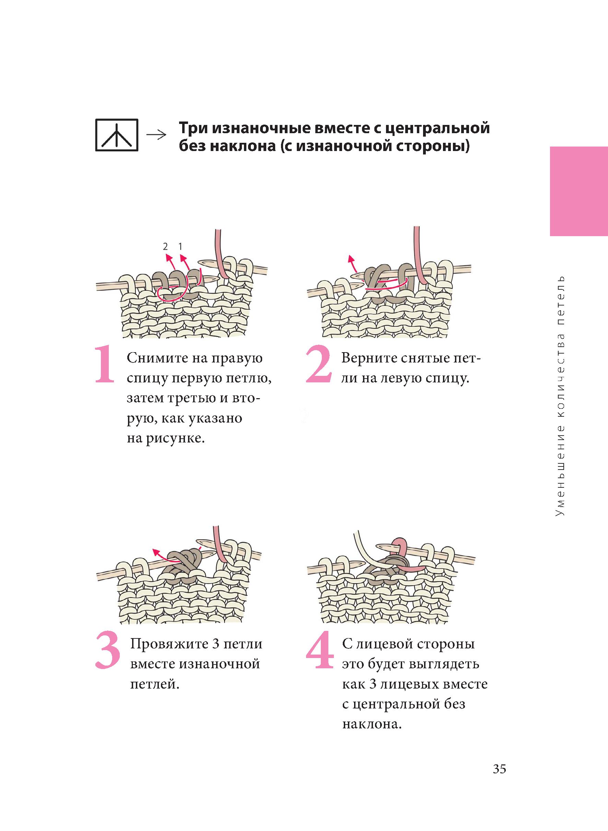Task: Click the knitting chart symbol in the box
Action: coord(117,135)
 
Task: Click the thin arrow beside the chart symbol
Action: coord(156,136)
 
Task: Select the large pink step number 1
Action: coord(105,364)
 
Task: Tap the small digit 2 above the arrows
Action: coord(165,246)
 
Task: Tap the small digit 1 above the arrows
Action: coord(180,246)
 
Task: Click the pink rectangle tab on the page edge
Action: coord(579,192)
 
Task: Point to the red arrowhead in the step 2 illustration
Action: coord(351,258)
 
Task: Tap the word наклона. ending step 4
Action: coord(371,725)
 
